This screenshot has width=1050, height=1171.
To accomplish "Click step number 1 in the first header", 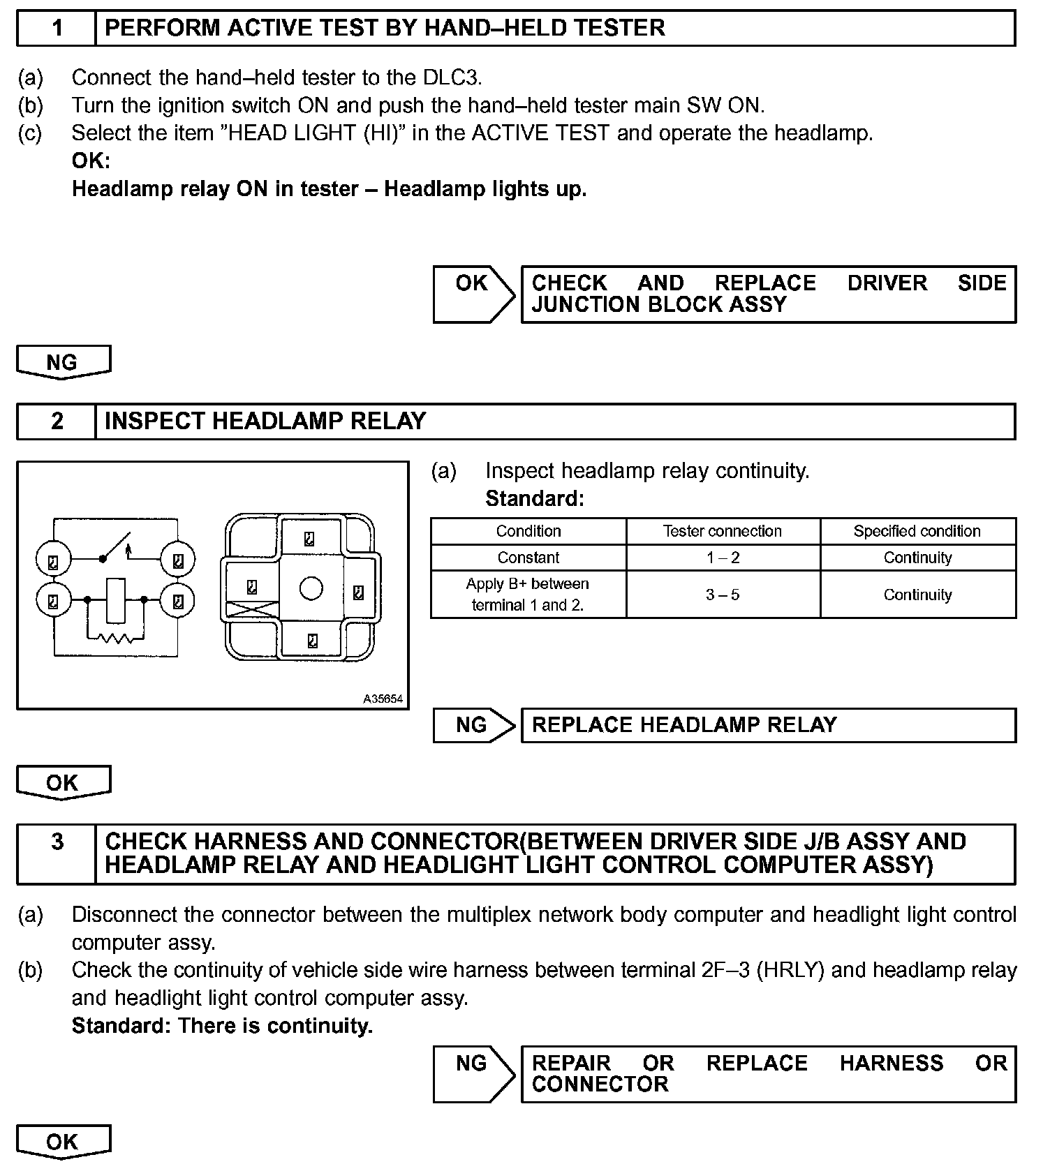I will pos(57,29).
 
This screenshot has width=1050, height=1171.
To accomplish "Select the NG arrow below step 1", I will pos(63,362).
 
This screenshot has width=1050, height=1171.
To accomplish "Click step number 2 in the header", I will pos(57,422).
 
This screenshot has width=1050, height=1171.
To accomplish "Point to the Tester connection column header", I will pos(723,531).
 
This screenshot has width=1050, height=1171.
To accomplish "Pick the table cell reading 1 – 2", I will pos(723,558).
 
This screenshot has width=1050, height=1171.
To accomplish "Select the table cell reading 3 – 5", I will pos(723,595).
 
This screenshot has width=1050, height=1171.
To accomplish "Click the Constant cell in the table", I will pos(528,558).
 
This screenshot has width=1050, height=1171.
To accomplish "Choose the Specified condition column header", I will pos(917,531).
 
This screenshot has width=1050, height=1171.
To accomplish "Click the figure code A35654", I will pos(383,699).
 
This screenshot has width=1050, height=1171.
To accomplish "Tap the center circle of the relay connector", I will pos(311,588).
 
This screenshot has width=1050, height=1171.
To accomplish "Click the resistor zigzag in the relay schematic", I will pos(115,637).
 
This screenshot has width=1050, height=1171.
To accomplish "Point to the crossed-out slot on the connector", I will pos(251,610).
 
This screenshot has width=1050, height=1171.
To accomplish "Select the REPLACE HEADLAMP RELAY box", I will pos(767,725).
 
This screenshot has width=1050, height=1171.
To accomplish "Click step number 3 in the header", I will pos(57,842).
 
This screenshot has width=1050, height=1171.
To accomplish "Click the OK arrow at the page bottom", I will pos(63,1142).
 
